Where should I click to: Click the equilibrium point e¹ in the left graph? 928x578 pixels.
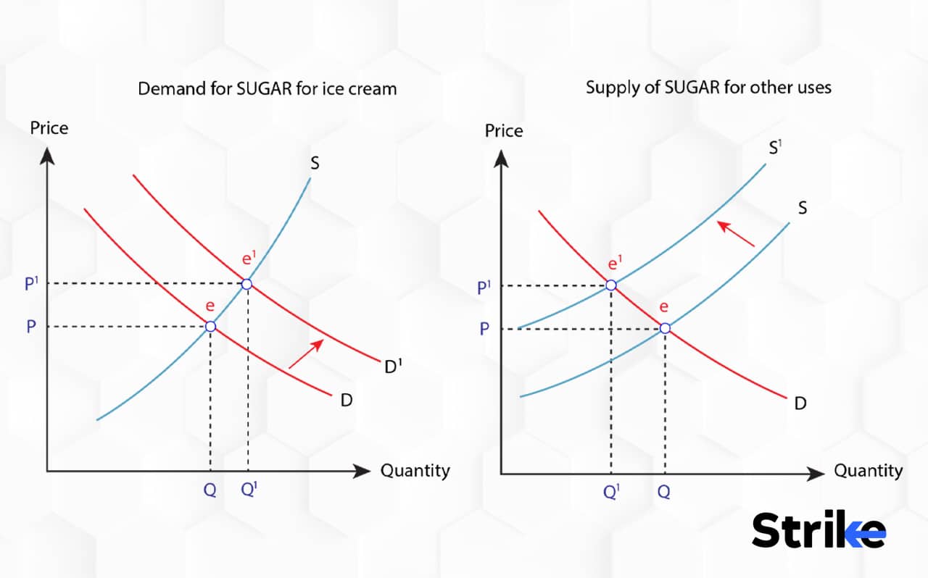246,284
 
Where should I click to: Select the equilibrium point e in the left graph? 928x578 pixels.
210,327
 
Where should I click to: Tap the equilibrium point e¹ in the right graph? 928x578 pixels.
611,285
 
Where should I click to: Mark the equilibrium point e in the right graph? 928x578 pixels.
665,329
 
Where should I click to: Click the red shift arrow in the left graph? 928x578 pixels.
306,353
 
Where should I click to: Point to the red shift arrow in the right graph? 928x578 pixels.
735,235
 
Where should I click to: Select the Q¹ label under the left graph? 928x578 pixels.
249,490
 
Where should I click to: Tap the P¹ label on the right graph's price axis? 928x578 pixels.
484,287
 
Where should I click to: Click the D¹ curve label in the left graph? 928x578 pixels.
392,367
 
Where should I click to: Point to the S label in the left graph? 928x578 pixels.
315,163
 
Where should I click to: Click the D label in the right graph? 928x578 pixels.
800,403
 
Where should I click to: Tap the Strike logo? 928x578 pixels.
818,530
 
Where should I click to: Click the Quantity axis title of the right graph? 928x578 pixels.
868,471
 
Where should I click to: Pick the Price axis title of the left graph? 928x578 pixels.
49,128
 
